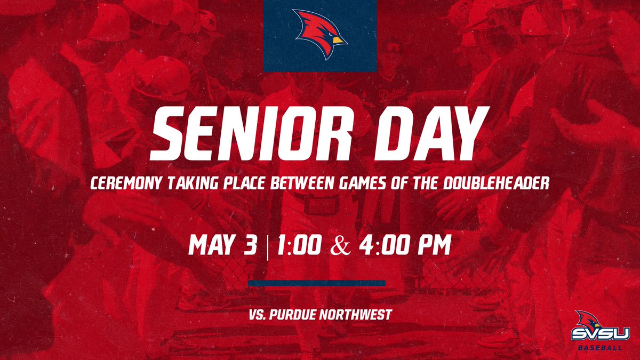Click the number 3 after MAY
click(251, 247)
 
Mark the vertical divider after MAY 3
click(266, 247)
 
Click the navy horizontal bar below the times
click(317, 283)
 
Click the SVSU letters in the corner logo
click(601, 334)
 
